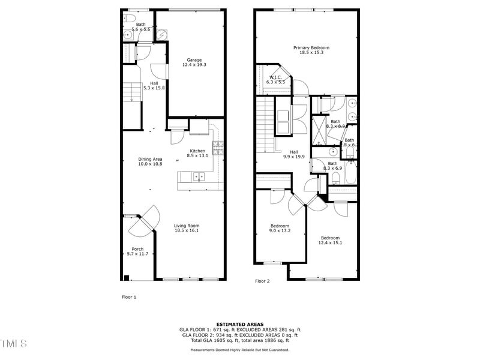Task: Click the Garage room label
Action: coord(194,60)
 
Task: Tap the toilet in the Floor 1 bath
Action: coord(130,20)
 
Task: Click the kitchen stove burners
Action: coord(219,145)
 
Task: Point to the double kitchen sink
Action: coord(199,176)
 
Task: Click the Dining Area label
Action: coord(150,159)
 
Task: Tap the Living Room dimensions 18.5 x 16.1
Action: coord(186,230)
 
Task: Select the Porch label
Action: coord(137,249)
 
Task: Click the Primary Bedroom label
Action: coord(311,48)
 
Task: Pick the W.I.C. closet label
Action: coord(276,77)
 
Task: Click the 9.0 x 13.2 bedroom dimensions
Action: coord(279,230)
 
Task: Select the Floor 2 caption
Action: coord(262,281)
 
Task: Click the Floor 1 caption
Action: coord(129,296)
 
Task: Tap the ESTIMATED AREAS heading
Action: coord(239,324)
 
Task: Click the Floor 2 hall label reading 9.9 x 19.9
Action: coord(294,157)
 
